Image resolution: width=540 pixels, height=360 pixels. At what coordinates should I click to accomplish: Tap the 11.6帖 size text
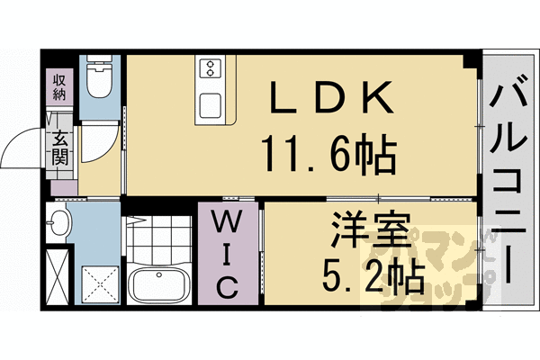(x=328, y=155)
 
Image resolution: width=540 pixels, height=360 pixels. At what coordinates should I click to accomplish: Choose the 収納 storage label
(x=58, y=87)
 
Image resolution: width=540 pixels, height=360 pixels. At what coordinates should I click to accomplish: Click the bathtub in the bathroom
(x=158, y=283)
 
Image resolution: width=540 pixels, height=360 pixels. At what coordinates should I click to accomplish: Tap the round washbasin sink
(x=58, y=225)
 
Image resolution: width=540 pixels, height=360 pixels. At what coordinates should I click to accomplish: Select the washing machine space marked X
(x=58, y=274)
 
